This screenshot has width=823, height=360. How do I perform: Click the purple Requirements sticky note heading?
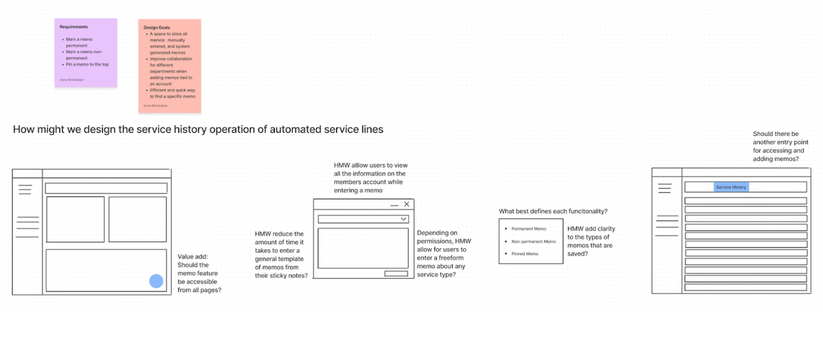(x=74, y=27)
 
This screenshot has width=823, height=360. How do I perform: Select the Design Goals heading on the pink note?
(x=157, y=27)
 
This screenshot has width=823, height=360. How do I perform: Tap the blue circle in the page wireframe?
(x=156, y=282)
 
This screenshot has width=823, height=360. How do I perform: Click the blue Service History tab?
(x=731, y=187)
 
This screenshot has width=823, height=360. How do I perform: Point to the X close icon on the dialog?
(x=407, y=204)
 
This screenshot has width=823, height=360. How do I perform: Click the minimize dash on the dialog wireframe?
(x=394, y=205)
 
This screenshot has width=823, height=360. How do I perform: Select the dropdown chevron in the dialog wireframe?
(x=403, y=219)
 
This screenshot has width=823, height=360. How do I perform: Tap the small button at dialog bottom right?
(x=396, y=273)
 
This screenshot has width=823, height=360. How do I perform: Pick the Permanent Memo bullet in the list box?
(x=528, y=229)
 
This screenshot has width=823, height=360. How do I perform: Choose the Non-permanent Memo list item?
(x=533, y=241)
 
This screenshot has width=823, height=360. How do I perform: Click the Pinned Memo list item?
(x=525, y=254)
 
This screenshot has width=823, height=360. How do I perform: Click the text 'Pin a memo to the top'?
(x=87, y=64)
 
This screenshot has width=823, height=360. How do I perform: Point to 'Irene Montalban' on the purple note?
(x=72, y=80)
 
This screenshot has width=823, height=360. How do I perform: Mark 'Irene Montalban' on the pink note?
(x=155, y=105)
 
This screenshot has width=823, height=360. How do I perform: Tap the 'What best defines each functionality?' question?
(x=553, y=211)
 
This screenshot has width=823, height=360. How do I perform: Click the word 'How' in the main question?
(x=24, y=130)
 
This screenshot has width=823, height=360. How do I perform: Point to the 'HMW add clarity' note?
(x=591, y=241)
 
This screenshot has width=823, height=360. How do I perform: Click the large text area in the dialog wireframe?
(x=363, y=248)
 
